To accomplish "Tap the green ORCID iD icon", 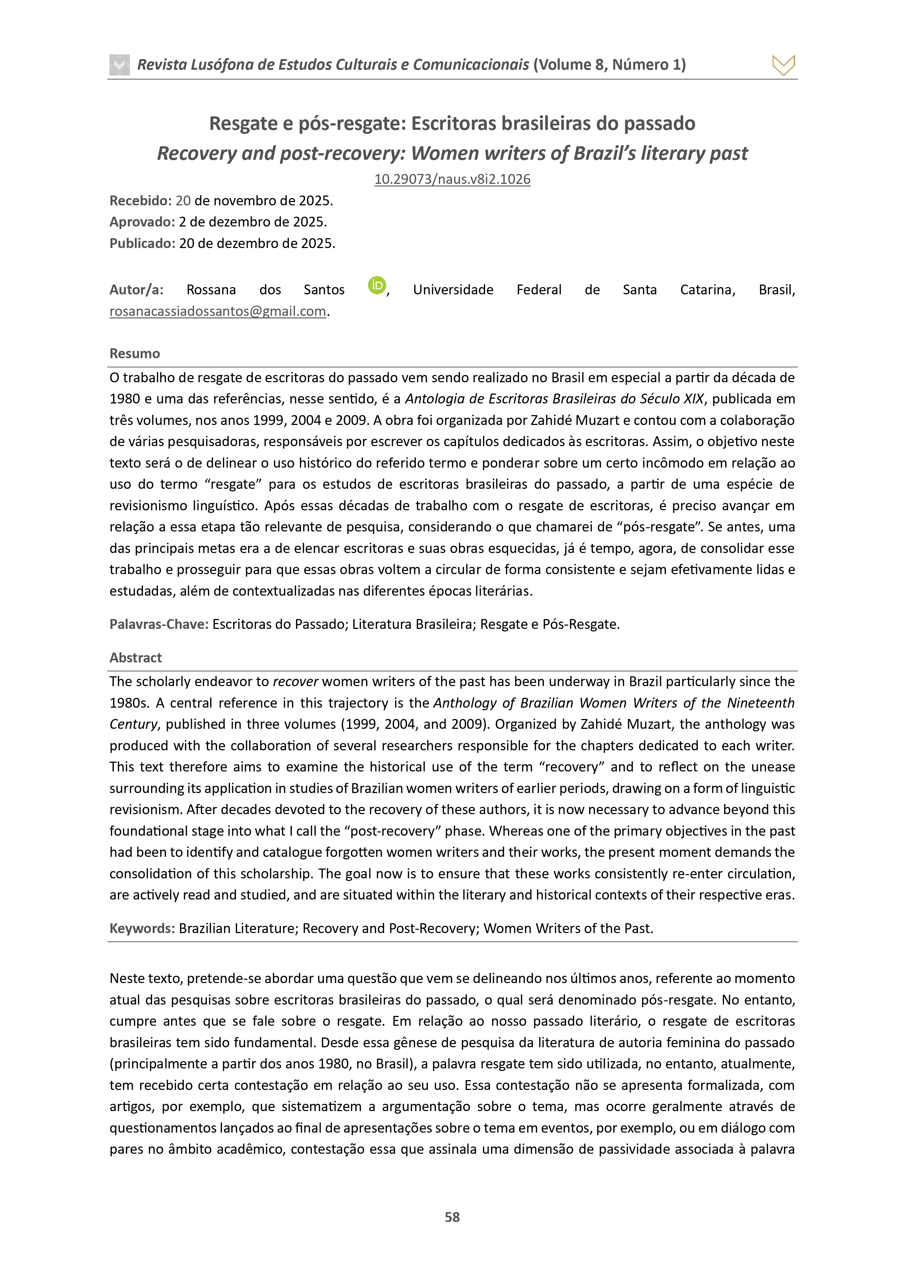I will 377,285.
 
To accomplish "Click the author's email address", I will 217,311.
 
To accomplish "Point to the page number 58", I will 452,1217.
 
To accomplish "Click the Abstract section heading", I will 135,658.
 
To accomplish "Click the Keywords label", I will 142,928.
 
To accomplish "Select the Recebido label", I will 140,201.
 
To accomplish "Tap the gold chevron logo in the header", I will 784,65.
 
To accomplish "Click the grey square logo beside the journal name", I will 119,65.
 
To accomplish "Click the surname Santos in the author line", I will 324,290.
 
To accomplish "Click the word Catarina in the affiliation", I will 707,290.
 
